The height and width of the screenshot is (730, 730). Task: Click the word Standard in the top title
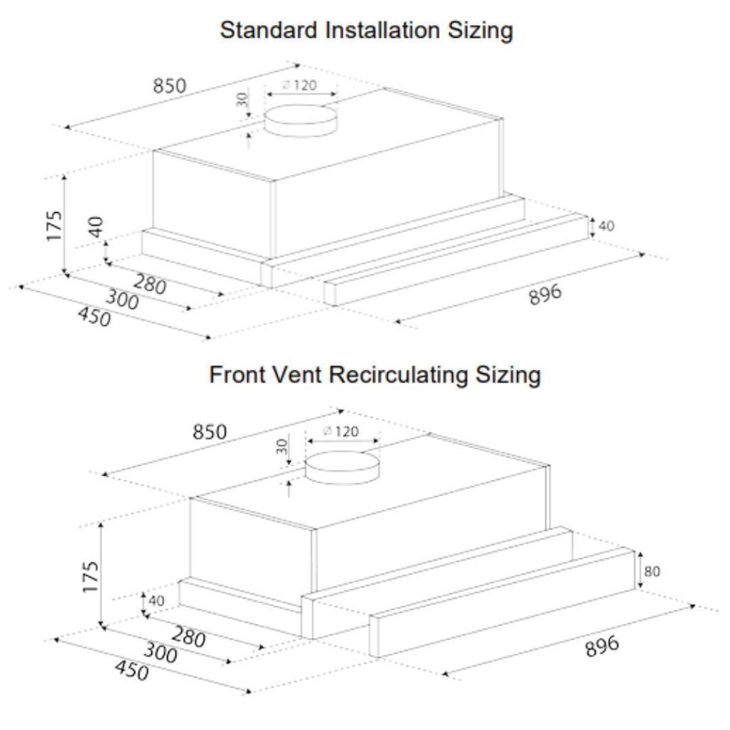point(268,30)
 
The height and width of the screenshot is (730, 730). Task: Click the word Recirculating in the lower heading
point(398,374)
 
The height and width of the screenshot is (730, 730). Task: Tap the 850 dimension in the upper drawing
point(170,86)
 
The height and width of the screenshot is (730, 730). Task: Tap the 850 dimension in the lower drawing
point(210,432)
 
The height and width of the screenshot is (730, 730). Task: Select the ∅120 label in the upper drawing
point(299,85)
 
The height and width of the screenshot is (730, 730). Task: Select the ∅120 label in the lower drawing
point(341,431)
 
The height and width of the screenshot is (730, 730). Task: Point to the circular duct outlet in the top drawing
point(300,120)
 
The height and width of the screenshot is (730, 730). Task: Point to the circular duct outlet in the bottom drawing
point(342,467)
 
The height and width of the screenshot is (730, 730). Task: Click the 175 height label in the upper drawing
point(54,226)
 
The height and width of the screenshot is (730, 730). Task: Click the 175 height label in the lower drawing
point(91,577)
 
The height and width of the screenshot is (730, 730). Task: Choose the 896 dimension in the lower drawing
point(602,646)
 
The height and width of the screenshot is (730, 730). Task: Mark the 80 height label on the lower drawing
point(652,571)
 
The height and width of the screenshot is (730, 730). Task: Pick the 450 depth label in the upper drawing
point(94,317)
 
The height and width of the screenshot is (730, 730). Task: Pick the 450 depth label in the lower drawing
point(132,671)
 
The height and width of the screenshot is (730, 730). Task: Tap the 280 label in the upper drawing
point(149,285)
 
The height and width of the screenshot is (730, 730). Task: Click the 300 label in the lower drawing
point(160,652)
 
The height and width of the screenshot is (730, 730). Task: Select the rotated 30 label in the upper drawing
point(242,99)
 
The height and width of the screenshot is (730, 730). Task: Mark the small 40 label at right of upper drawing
point(606,226)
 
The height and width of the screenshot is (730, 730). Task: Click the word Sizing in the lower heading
point(508,375)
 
